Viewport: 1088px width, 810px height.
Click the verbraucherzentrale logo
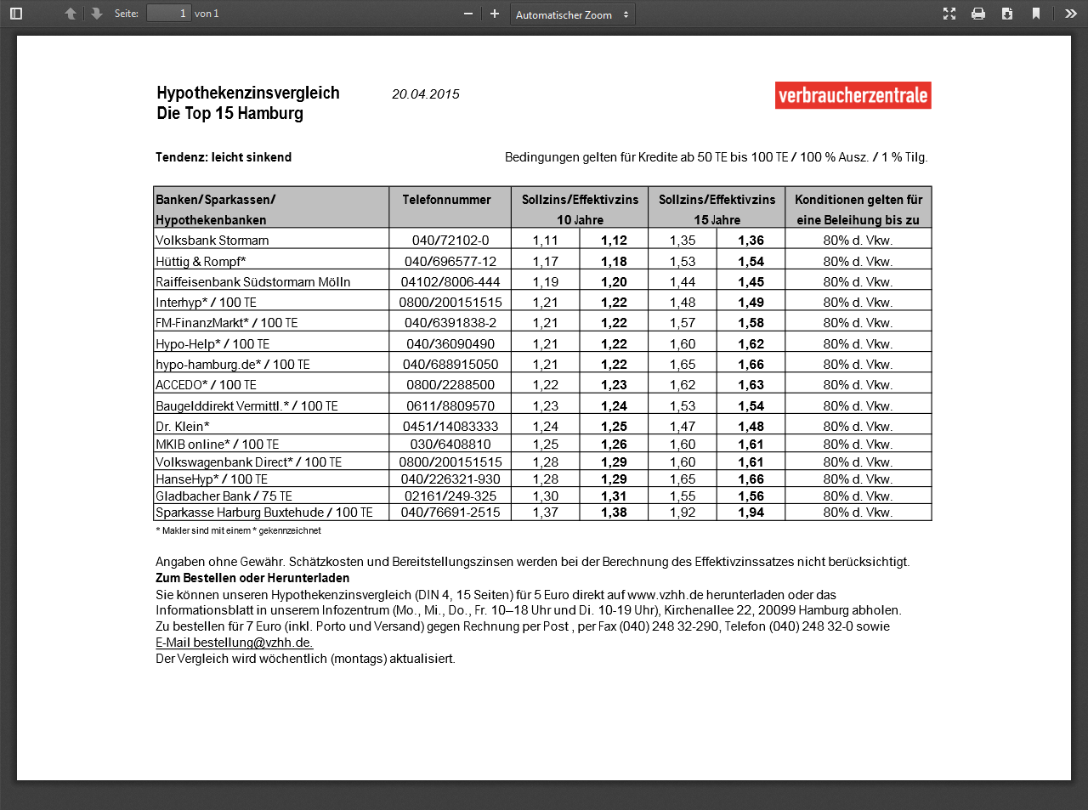coord(853,95)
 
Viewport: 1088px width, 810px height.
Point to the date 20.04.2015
coord(425,94)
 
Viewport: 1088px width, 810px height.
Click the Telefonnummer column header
coord(446,200)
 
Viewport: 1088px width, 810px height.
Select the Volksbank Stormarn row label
coord(212,241)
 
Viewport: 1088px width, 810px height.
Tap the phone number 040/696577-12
coord(450,262)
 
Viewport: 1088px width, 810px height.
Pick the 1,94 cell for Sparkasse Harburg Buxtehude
coord(751,513)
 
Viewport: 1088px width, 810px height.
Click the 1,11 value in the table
coord(545,241)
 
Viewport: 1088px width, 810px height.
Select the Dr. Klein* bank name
coord(183,427)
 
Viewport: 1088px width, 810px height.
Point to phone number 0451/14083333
coord(450,427)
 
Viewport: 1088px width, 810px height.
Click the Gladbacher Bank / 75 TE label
coord(224,496)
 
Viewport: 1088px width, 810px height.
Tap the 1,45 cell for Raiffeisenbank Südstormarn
coord(751,282)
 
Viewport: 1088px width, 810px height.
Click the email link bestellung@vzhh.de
coord(252,643)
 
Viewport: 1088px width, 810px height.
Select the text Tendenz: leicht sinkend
coord(224,157)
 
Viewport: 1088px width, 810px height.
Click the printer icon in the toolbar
coord(978,14)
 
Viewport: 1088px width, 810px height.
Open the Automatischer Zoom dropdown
coord(572,14)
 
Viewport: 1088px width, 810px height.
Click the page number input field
coord(168,14)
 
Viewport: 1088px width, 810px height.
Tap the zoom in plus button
coord(495,14)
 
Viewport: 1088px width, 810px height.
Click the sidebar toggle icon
coord(16,14)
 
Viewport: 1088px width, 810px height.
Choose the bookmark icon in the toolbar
coord(1035,14)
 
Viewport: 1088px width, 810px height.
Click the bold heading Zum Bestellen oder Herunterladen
coord(252,578)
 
